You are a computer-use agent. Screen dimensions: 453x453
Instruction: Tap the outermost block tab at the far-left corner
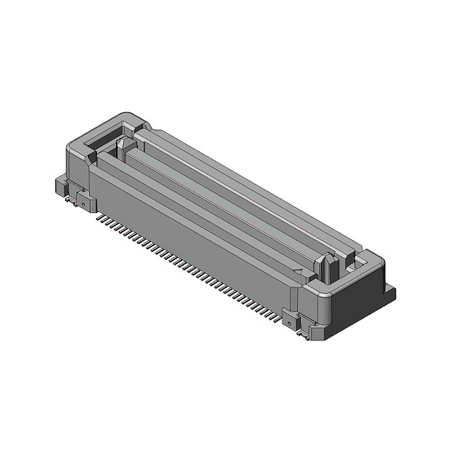point(61,185)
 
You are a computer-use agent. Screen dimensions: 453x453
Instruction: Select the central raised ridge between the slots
point(219,205)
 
